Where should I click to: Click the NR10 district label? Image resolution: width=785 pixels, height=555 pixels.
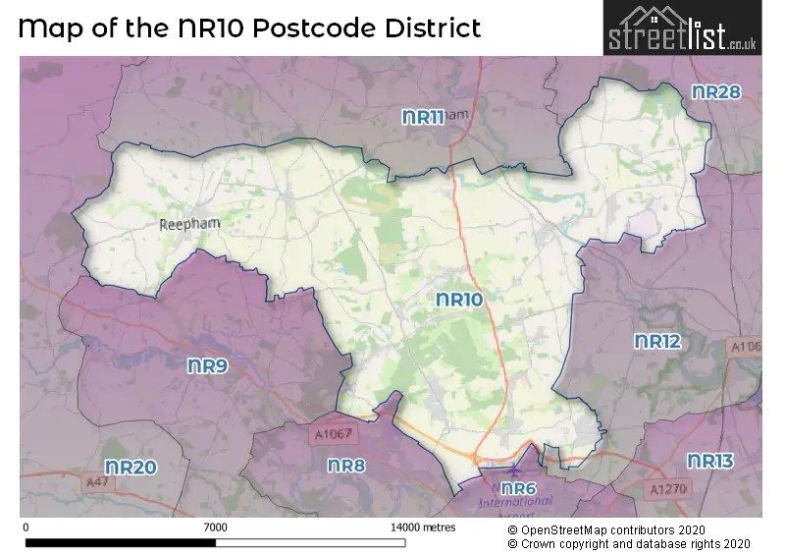[x=460, y=300]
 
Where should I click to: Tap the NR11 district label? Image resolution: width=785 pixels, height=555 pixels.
[x=424, y=117]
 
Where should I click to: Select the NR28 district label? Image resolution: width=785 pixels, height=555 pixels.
[x=716, y=91]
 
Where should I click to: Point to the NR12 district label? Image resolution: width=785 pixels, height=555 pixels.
[x=657, y=342]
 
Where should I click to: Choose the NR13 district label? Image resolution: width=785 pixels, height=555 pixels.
[x=709, y=461]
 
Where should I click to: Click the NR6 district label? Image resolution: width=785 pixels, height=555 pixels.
[x=518, y=488]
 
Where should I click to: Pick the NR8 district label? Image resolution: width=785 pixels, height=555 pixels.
[x=346, y=466]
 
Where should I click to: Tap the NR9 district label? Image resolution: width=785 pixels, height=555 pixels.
[x=208, y=365]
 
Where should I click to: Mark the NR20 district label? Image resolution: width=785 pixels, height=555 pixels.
[x=131, y=468]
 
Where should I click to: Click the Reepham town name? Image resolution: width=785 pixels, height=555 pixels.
[x=189, y=224]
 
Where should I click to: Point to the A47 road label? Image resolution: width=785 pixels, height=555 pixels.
[x=96, y=482]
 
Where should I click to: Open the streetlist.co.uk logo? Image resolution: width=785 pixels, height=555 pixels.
[x=682, y=28]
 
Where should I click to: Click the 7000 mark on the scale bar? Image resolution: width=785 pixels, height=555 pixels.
[x=215, y=527]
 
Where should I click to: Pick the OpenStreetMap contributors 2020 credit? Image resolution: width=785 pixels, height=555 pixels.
[x=613, y=528]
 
